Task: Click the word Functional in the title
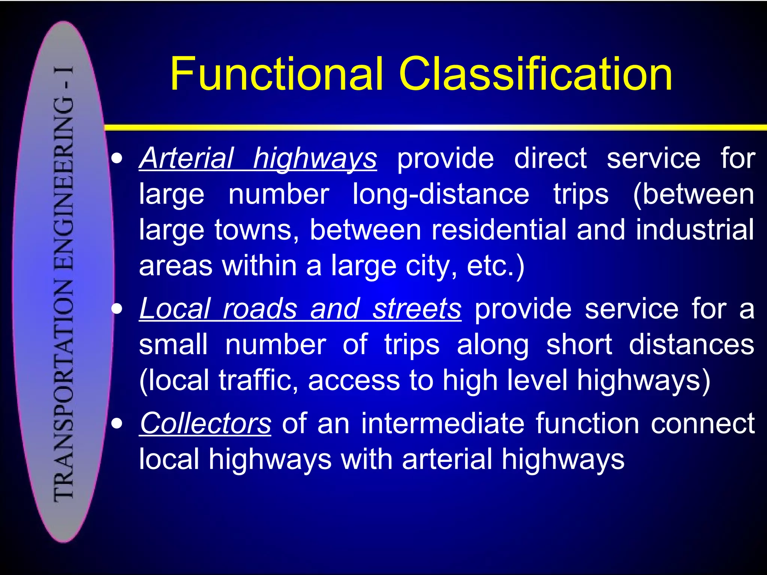(277, 74)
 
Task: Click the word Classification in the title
(536, 74)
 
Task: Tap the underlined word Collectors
(205, 423)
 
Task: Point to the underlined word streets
(417, 309)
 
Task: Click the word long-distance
(441, 194)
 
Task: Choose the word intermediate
(443, 423)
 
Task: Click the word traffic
(258, 380)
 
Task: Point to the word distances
(691, 344)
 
